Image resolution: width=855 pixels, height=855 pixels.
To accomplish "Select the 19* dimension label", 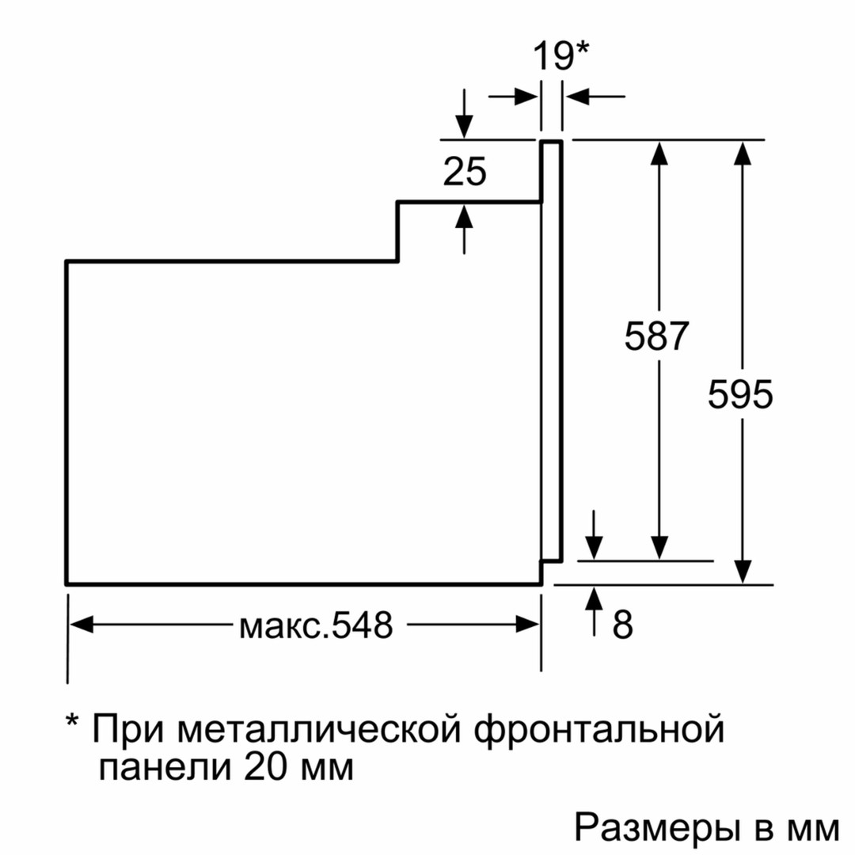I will pyautogui.click(x=560, y=57).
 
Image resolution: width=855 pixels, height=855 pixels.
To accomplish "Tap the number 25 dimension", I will pyautogui.click(x=465, y=172).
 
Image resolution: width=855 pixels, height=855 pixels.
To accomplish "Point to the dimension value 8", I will pyautogui.click(x=624, y=625).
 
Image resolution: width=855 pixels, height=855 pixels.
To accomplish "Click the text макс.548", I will pyautogui.click(x=316, y=626).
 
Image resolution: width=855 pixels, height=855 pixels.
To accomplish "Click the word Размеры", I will pyautogui.click(x=657, y=829).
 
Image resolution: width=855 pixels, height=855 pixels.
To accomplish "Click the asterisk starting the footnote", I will pyautogui.click(x=73, y=724).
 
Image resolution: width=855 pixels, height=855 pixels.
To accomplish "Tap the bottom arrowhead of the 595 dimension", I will pyautogui.click(x=742, y=572).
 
